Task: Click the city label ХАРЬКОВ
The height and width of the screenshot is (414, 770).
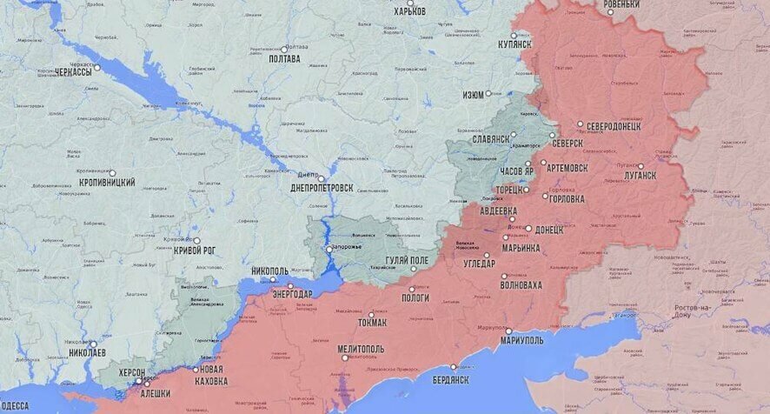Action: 410,11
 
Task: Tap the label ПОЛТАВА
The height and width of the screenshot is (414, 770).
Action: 285,59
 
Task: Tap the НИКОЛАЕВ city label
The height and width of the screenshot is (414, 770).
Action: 87,353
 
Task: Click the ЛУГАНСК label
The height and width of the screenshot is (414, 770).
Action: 641,176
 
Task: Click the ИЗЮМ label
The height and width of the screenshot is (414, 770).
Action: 474,94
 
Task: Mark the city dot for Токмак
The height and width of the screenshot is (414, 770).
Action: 372,314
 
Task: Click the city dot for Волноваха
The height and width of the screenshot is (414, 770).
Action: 504,276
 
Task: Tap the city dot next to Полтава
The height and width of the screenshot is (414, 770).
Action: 284,48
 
